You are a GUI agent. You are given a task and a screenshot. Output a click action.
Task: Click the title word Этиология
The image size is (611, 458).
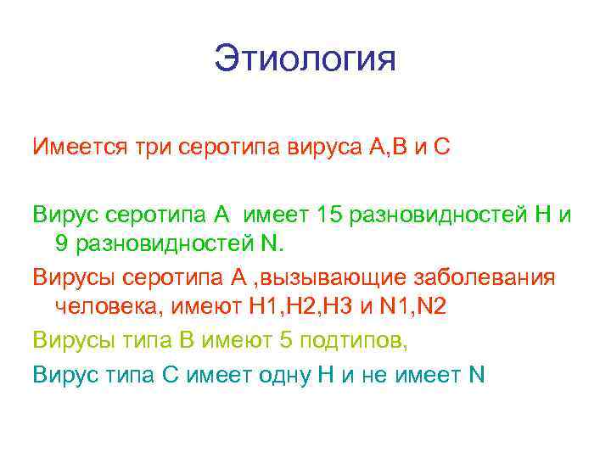point(305,60)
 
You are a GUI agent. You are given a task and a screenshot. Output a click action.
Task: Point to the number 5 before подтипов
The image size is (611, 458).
point(285,339)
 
